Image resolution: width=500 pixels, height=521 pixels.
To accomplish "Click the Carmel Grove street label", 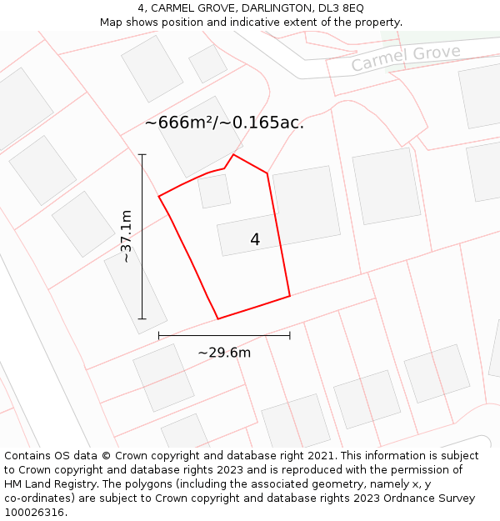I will [405, 58].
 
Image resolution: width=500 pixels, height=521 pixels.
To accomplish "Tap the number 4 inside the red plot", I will [255, 240].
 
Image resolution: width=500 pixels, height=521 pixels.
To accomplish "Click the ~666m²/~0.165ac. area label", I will [224, 123].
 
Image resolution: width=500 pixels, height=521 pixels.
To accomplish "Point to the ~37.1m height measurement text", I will [126, 237].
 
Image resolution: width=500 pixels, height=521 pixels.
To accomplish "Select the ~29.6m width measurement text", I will [224, 353].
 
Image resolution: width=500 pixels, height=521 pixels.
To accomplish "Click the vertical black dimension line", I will [142, 237].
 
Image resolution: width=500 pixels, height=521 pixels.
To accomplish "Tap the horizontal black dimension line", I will [224, 335].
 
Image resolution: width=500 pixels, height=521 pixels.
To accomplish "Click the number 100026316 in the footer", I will [35, 513].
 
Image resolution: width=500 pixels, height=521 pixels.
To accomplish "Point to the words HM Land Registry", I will [49, 484].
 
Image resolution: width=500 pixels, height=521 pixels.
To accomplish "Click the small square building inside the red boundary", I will [214, 191].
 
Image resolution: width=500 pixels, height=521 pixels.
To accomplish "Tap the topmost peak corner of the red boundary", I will [233, 154].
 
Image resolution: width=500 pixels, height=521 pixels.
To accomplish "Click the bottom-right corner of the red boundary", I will [290, 296].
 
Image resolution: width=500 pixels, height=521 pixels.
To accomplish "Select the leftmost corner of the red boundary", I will [159, 197].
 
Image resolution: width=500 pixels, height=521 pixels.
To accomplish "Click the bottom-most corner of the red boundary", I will [218, 318].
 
